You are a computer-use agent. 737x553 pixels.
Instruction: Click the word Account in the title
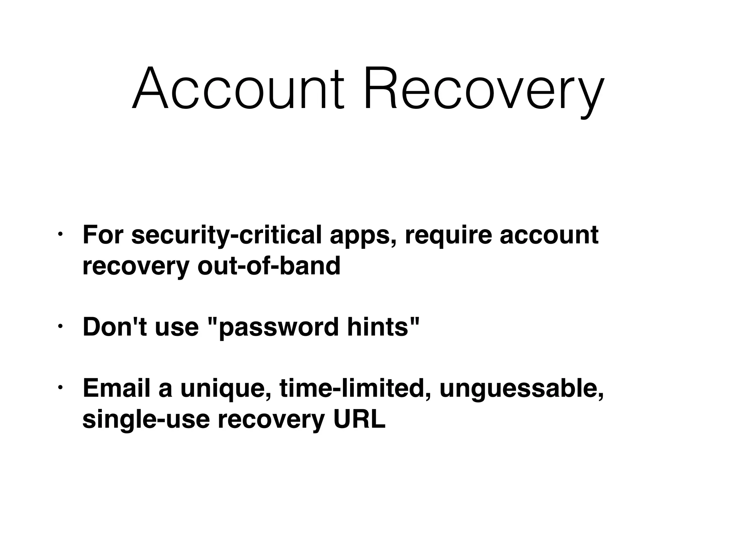click(x=238, y=88)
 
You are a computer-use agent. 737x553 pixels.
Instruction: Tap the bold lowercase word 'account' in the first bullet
click(x=549, y=235)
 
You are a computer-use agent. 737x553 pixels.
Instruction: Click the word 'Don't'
click(x=115, y=327)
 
